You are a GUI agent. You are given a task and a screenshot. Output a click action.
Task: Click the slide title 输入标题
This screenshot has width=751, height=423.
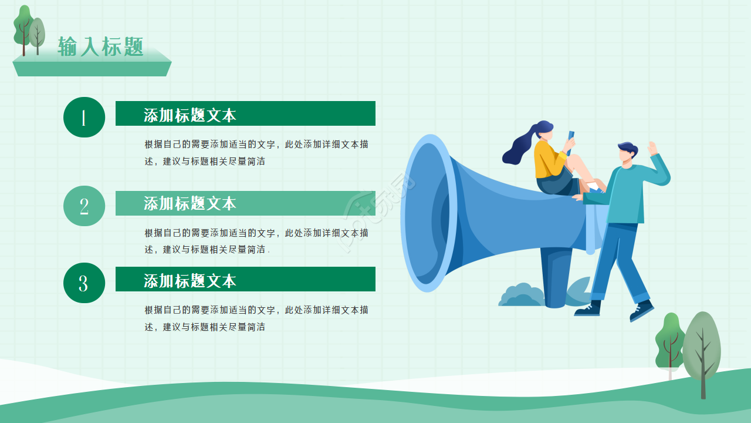pyautogui.click(x=100, y=46)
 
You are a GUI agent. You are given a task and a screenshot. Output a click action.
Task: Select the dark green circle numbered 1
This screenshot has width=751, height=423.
pyautogui.click(x=84, y=117)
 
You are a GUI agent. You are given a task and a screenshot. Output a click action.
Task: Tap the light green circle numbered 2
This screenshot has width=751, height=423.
pyautogui.click(x=84, y=206)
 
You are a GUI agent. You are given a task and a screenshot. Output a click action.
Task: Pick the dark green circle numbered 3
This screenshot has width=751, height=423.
pyautogui.click(x=84, y=283)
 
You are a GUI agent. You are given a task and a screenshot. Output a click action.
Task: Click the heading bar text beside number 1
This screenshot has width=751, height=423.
pyautogui.click(x=190, y=115)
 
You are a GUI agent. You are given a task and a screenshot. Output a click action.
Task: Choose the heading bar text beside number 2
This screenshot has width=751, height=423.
pyautogui.click(x=190, y=203)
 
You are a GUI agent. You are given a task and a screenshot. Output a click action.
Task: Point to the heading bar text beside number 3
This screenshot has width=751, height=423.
pyautogui.click(x=190, y=280)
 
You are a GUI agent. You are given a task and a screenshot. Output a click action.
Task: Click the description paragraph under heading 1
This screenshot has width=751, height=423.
pyautogui.click(x=256, y=152)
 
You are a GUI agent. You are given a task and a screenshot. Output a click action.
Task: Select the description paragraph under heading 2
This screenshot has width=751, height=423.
pyautogui.click(x=256, y=241)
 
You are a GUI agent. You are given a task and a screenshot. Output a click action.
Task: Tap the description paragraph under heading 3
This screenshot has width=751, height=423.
pyautogui.click(x=256, y=318)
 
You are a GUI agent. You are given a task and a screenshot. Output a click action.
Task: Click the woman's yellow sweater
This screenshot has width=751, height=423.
pyautogui.click(x=548, y=158)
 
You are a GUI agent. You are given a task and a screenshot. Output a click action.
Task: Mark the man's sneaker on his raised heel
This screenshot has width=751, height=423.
pyautogui.click(x=642, y=310)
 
